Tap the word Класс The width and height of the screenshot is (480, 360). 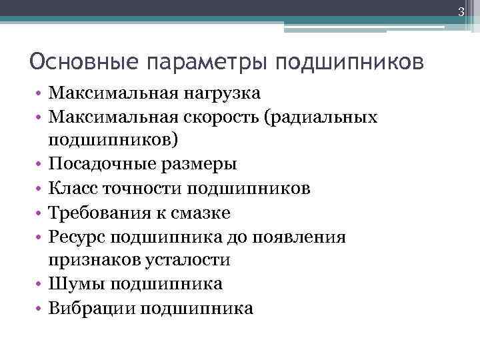point(73,189)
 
